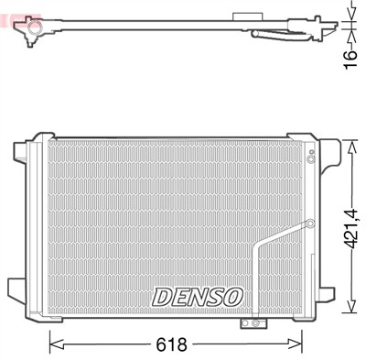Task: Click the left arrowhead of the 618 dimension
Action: click(53, 344)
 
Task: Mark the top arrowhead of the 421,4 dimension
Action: click(352, 144)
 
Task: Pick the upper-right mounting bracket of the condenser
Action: click(316, 151)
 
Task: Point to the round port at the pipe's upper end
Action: click(309, 224)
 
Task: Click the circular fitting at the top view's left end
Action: click(34, 33)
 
